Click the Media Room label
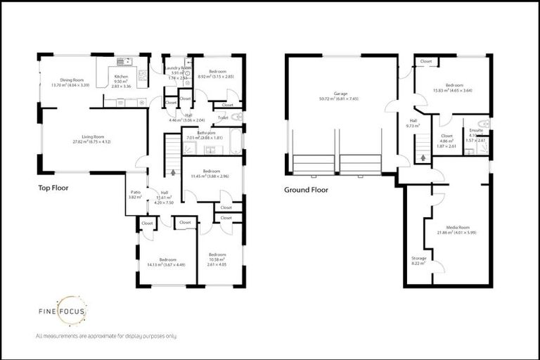coord(454,230)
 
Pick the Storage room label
coord(418,259)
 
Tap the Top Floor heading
coord(55,188)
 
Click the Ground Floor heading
coord(306,190)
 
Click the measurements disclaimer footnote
coord(105,336)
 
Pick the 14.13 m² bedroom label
coord(167,262)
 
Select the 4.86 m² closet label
coord(446,139)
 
